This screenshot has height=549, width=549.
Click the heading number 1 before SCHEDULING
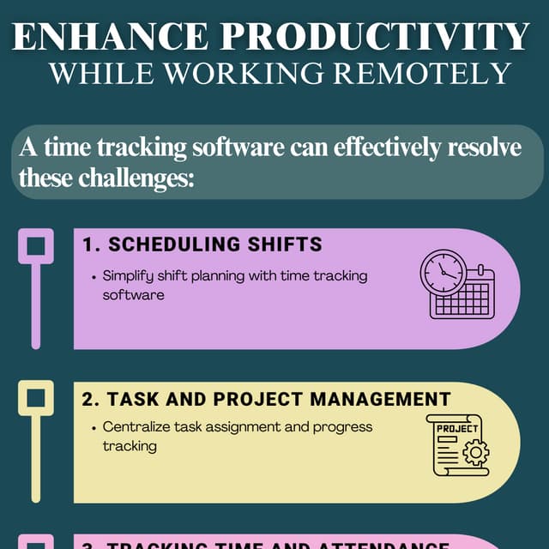point(88,244)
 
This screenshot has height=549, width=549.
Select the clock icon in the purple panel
point(442,274)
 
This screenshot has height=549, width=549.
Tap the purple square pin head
point(36,246)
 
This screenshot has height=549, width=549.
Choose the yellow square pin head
point(36,398)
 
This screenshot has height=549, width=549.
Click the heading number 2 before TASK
point(88,399)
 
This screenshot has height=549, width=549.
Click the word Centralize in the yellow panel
point(136,426)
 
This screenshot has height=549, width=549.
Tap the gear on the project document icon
point(476,452)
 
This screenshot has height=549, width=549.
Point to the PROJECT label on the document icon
point(457,428)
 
